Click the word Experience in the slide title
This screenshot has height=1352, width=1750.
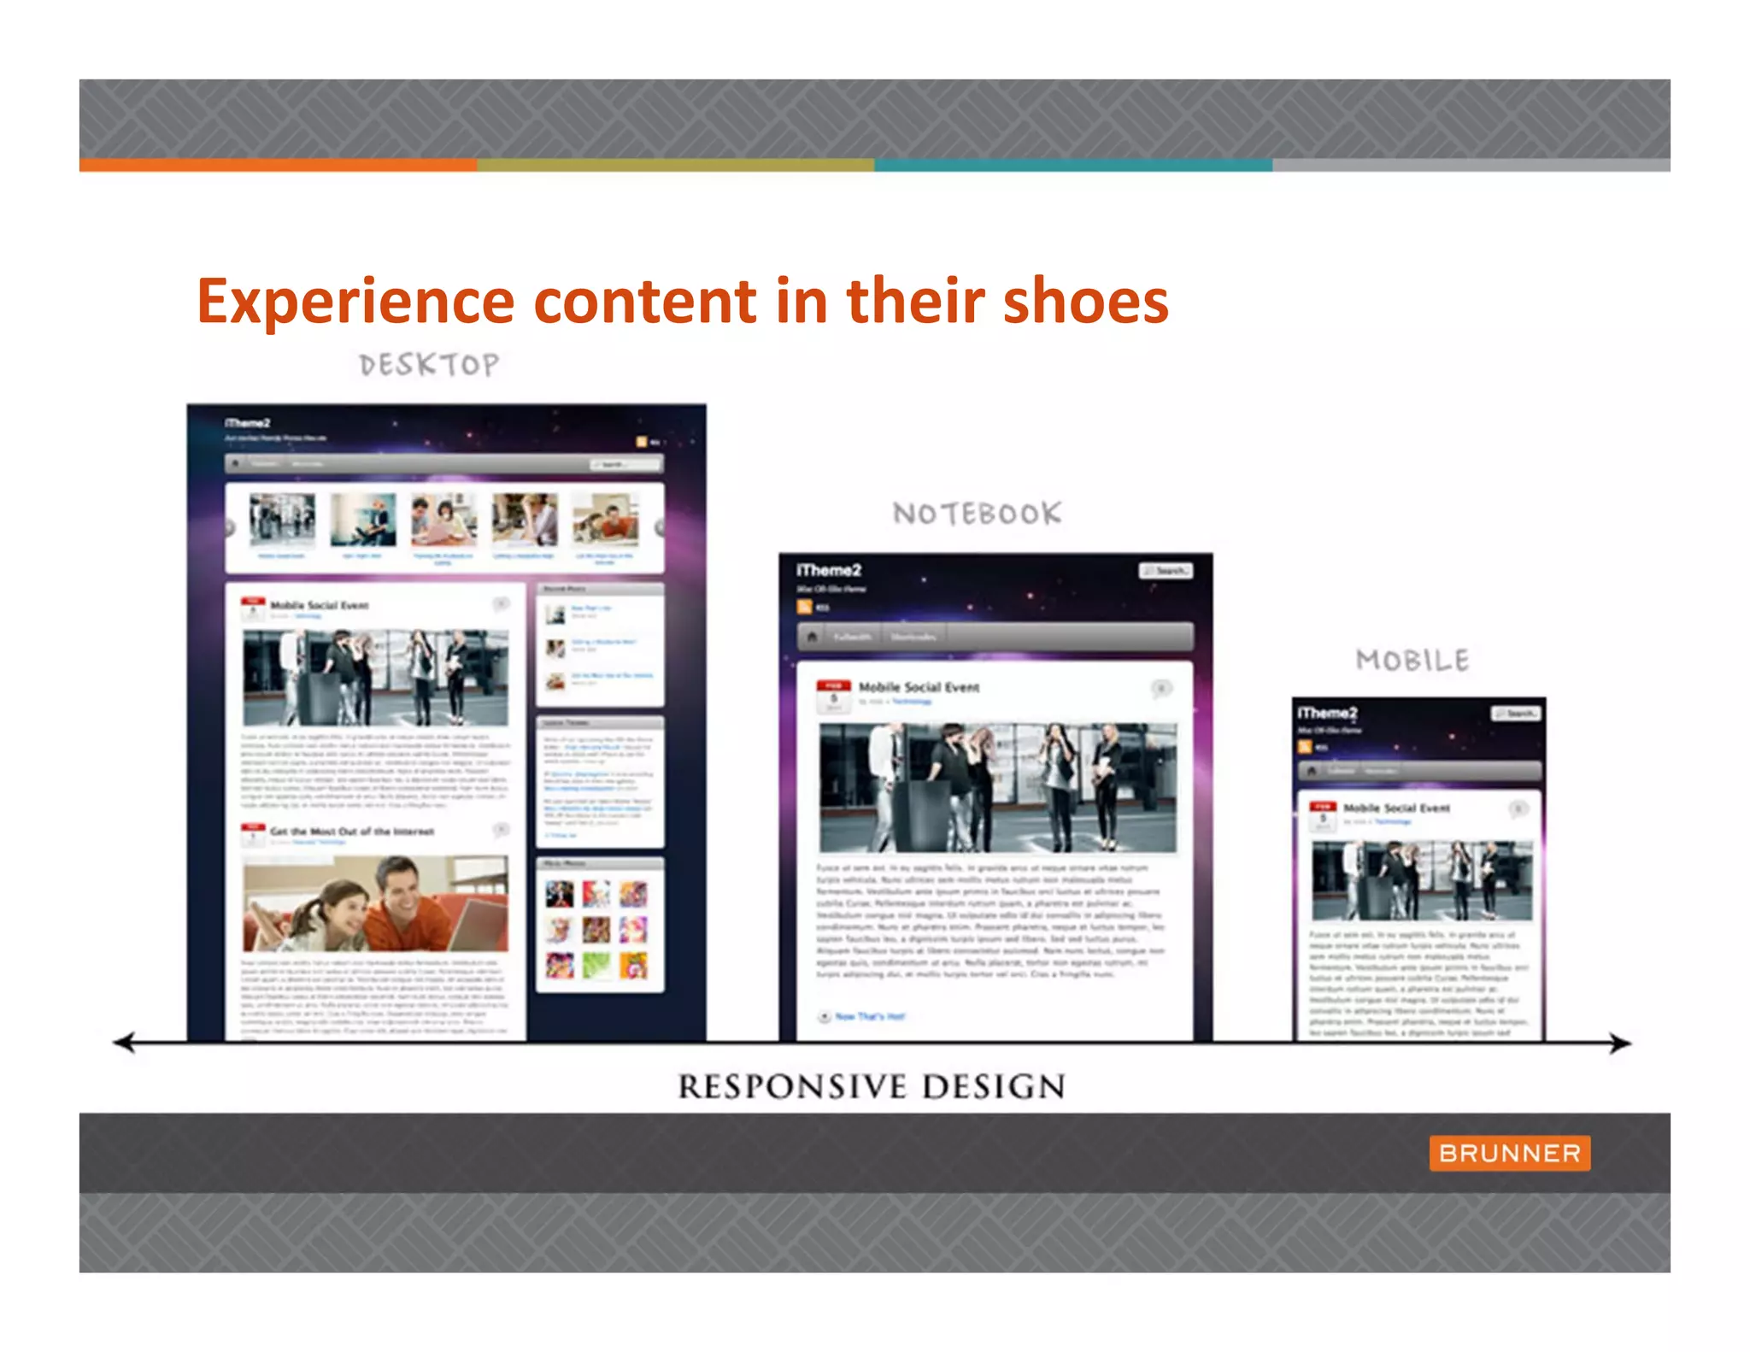(x=355, y=302)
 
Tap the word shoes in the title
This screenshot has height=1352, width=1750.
(x=1085, y=302)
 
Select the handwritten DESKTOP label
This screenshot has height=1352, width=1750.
(x=429, y=365)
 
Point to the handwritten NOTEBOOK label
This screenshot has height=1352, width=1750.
(x=978, y=514)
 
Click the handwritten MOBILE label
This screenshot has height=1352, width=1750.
(x=1412, y=661)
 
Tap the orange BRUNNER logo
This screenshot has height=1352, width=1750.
(x=1509, y=1153)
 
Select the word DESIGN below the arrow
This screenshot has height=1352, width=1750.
(x=994, y=1087)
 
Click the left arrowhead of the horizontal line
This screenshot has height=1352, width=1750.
(x=125, y=1042)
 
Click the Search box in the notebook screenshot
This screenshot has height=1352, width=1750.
(x=1166, y=571)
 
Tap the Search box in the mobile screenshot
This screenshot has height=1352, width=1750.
(x=1517, y=714)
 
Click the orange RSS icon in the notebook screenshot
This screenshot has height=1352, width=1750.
(x=804, y=607)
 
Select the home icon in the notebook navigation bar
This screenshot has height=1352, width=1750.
(x=813, y=637)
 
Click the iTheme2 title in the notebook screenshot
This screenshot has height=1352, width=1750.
(x=829, y=570)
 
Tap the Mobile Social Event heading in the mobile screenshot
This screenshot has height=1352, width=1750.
(x=1396, y=808)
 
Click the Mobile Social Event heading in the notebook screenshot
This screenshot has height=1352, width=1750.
(x=919, y=687)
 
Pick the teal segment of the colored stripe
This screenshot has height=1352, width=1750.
(x=1073, y=165)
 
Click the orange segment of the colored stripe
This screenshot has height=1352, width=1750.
(x=278, y=165)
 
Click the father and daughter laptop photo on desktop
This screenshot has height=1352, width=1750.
(x=375, y=904)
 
